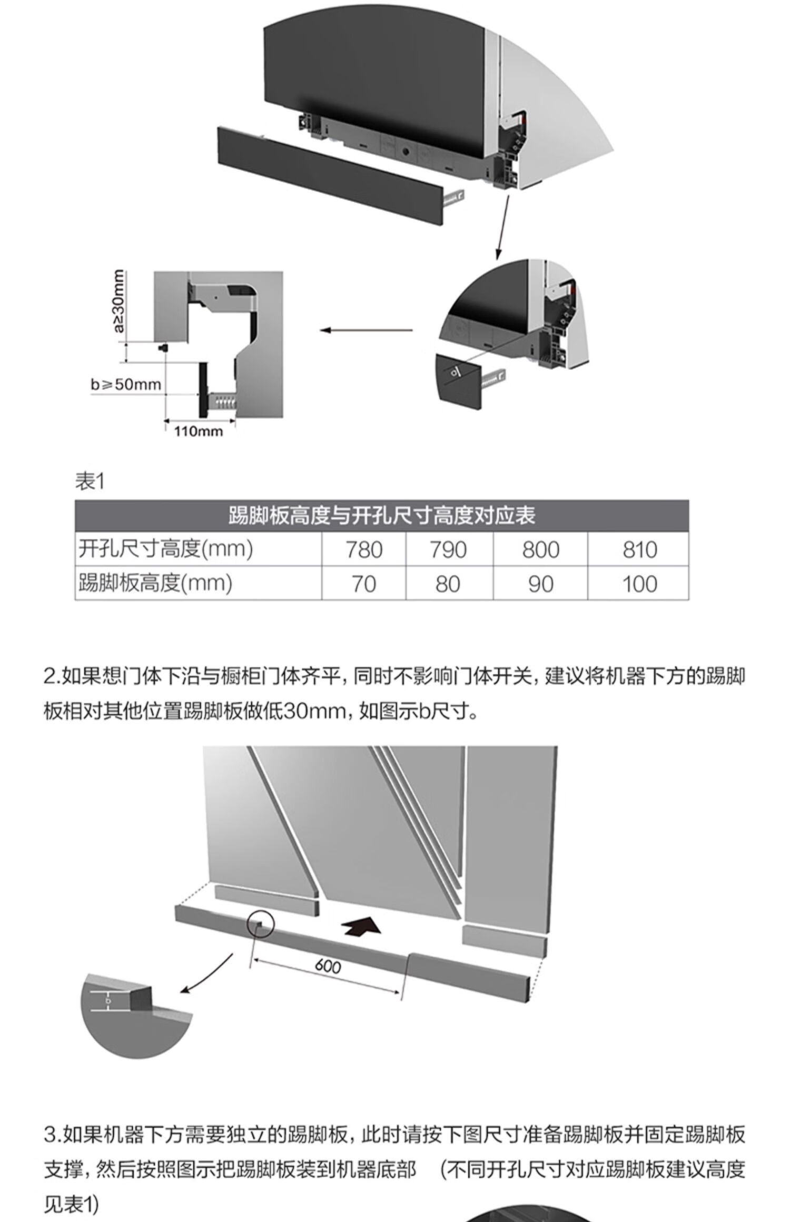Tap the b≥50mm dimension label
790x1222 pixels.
(125, 384)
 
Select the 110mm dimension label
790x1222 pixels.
(199, 432)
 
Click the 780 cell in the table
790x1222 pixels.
(363, 550)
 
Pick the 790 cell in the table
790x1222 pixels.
(448, 550)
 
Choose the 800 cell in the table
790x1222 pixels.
(540, 550)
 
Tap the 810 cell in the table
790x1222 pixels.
(639, 550)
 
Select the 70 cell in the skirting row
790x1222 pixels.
(363, 584)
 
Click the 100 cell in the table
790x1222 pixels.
(639, 584)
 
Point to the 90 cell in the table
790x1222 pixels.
(540, 584)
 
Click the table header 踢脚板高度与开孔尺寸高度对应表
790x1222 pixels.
(381, 516)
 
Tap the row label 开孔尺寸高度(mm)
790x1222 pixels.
(165, 549)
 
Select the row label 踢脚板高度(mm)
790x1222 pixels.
(155, 584)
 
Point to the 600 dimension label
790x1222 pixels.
(328, 981)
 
